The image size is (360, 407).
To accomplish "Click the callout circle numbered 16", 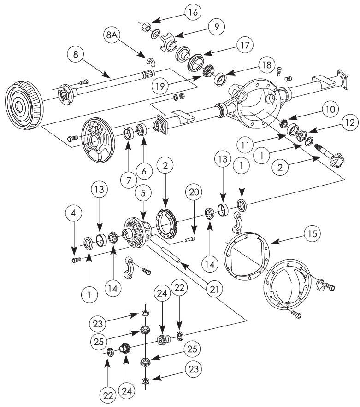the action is point(193,12).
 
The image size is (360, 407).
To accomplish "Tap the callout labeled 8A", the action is point(112,35).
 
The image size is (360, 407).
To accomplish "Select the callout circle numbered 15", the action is point(313,233).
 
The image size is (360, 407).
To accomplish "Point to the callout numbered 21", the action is point(214,289).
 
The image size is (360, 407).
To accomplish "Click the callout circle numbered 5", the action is point(143,193).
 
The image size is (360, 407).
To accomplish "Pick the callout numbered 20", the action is point(194,192).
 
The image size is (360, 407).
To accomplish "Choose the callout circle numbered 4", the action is point(74,214).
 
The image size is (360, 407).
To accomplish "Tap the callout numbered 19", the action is point(161,86).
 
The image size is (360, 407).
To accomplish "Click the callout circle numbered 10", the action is point(330,109).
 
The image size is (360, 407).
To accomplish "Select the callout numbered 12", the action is point(350,122).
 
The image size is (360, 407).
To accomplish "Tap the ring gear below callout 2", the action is point(166,223).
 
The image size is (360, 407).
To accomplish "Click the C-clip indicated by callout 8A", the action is point(151,62).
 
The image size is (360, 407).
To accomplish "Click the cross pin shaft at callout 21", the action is point(171,255).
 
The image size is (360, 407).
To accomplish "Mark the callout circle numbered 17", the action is point(245,46).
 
